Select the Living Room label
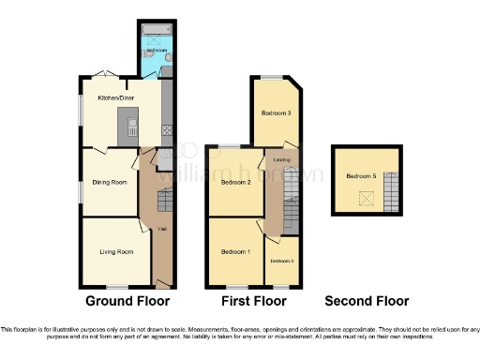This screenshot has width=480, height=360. [118, 251]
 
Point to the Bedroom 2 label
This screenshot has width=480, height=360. [234, 182]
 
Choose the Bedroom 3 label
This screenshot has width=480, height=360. [276, 113]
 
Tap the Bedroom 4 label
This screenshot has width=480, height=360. [282, 261]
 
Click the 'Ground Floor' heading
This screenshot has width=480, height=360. [127, 301]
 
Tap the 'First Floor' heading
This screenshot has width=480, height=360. [253, 301]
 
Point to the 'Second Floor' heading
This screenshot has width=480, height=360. [367, 301]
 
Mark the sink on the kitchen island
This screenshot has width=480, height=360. [132, 126]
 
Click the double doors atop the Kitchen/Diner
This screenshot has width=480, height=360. [106, 75]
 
